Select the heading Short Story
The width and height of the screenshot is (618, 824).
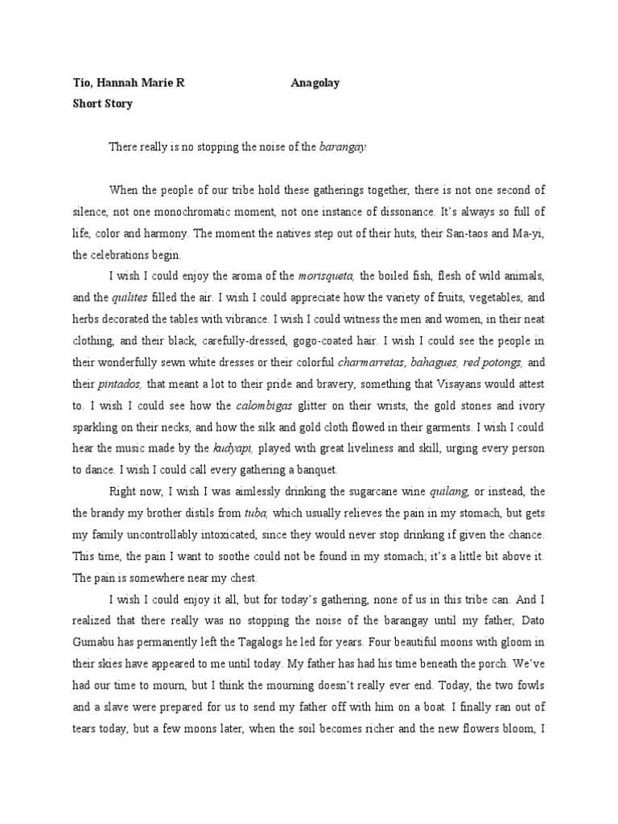(101, 104)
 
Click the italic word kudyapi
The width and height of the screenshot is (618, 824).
(233, 447)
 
